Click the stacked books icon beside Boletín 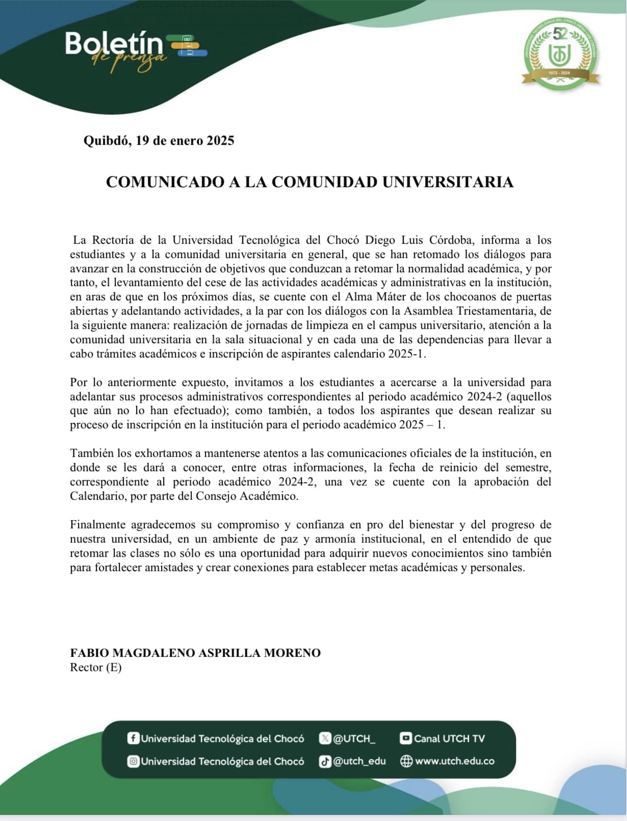pos(189,45)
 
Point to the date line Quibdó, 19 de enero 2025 pos(159,141)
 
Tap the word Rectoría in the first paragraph pos(112,240)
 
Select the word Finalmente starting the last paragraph pos(97,525)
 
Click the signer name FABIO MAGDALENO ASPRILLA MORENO pos(195,653)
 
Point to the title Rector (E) pos(95,668)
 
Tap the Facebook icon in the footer pos(133,738)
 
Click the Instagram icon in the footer pos(133,761)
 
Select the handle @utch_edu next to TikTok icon pos(359,761)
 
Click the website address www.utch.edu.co pos(455,761)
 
